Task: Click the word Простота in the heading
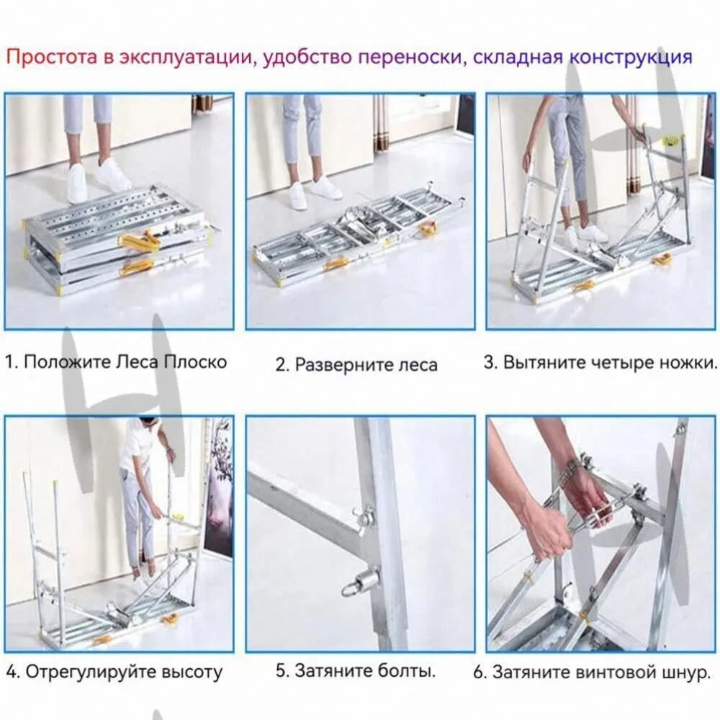(x=52, y=58)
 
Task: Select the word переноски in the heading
(x=410, y=58)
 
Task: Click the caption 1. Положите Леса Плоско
(x=116, y=362)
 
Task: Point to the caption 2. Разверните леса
(x=356, y=364)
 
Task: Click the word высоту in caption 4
(x=192, y=672)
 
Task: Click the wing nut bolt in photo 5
(x=363, y=519)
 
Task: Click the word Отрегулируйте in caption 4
(x=91, y=672)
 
